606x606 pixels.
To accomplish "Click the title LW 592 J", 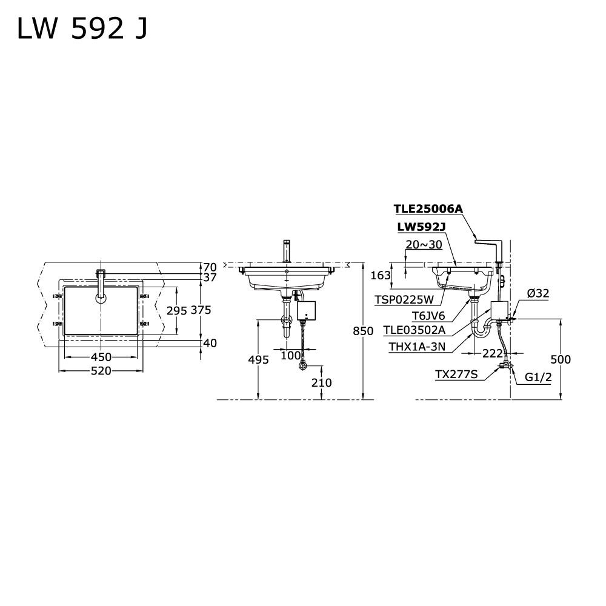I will click(x=82, y=30).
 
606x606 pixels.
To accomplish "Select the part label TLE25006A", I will click(x=428, y=208).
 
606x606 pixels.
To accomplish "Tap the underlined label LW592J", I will click(x=422, y=227).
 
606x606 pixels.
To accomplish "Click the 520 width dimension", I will click(x=101, y=371).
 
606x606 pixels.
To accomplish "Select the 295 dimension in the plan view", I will click(x=177, y=310).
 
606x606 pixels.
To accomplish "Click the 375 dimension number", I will click(x=201, y=310).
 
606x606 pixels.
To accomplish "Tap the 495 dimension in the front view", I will click(x=259, y=360).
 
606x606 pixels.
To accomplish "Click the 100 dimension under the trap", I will click(x=290, y=355).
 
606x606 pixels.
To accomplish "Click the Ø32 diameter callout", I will click(x=538, y=293).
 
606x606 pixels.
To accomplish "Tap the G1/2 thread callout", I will click(x=538, y=376).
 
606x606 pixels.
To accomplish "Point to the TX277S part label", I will click(x=456, y=375).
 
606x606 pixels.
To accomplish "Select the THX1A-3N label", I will click(x=418, y=347).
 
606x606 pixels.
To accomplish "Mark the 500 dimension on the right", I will click(x=561, y=359).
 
